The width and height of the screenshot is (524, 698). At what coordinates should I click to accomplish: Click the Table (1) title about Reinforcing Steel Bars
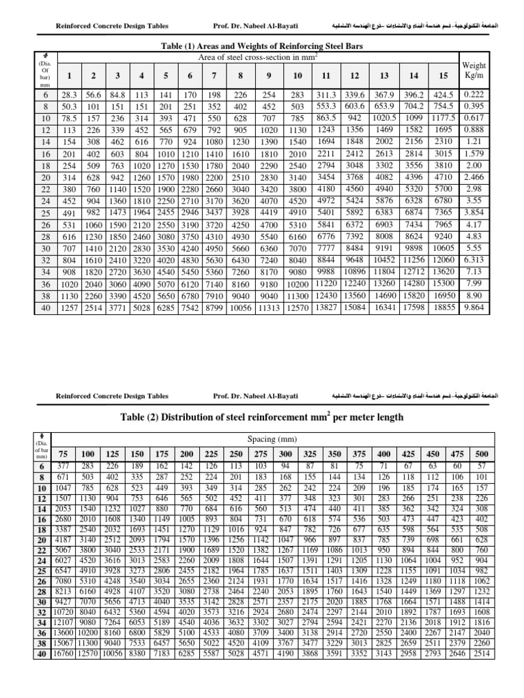(261, 46)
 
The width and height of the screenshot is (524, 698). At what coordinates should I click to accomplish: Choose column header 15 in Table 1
(443, 74)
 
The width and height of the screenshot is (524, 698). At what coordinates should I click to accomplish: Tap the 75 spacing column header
(63, 453)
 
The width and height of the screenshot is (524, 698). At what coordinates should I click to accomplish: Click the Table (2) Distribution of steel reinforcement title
(261, 416)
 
